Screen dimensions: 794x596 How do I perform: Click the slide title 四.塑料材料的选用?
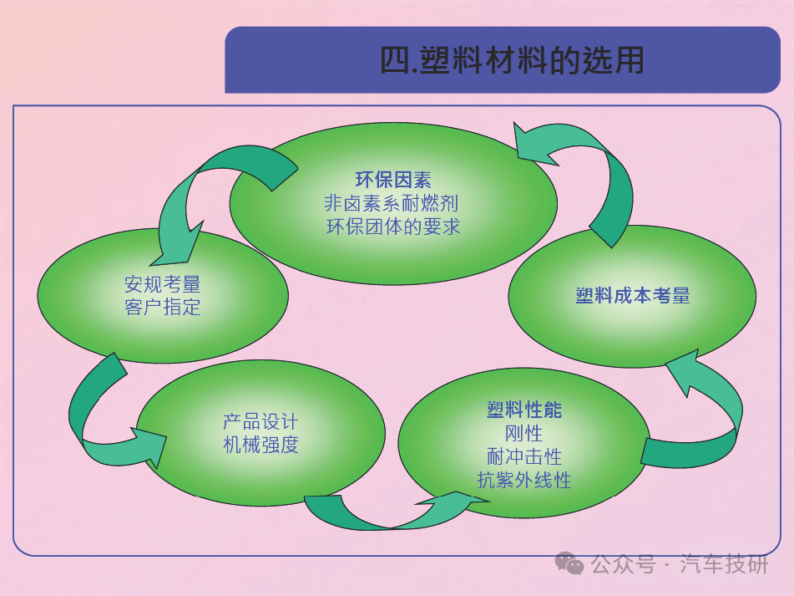512,60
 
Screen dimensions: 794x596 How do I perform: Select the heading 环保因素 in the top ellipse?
393,180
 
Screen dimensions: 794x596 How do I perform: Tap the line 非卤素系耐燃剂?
392,203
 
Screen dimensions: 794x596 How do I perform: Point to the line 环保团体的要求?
393,227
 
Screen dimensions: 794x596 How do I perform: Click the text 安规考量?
163,284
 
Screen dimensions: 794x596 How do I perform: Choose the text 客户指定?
163,307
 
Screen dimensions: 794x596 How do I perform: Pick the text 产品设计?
260,421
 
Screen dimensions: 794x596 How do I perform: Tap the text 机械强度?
260,445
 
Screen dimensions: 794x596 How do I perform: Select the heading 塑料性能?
524,410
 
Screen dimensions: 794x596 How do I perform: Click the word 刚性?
523,433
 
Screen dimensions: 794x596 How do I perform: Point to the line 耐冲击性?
524,456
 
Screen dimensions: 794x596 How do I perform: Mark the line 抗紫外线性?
524,480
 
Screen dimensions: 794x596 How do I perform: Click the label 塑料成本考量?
633,295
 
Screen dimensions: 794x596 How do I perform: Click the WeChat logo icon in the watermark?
569,563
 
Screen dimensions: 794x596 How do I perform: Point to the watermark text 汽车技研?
724,564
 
